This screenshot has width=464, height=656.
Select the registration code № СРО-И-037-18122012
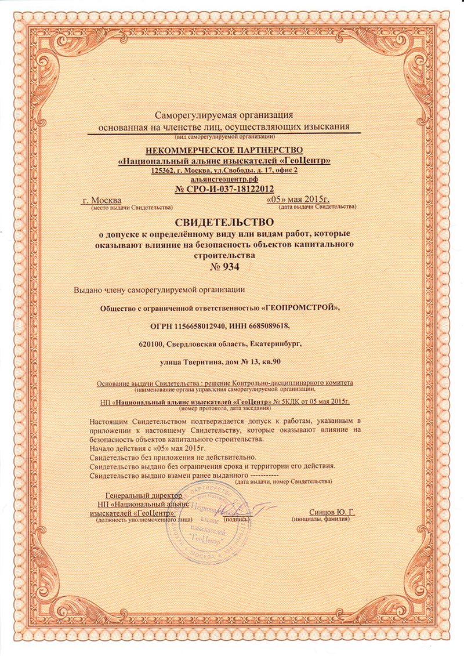coord(224,189)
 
